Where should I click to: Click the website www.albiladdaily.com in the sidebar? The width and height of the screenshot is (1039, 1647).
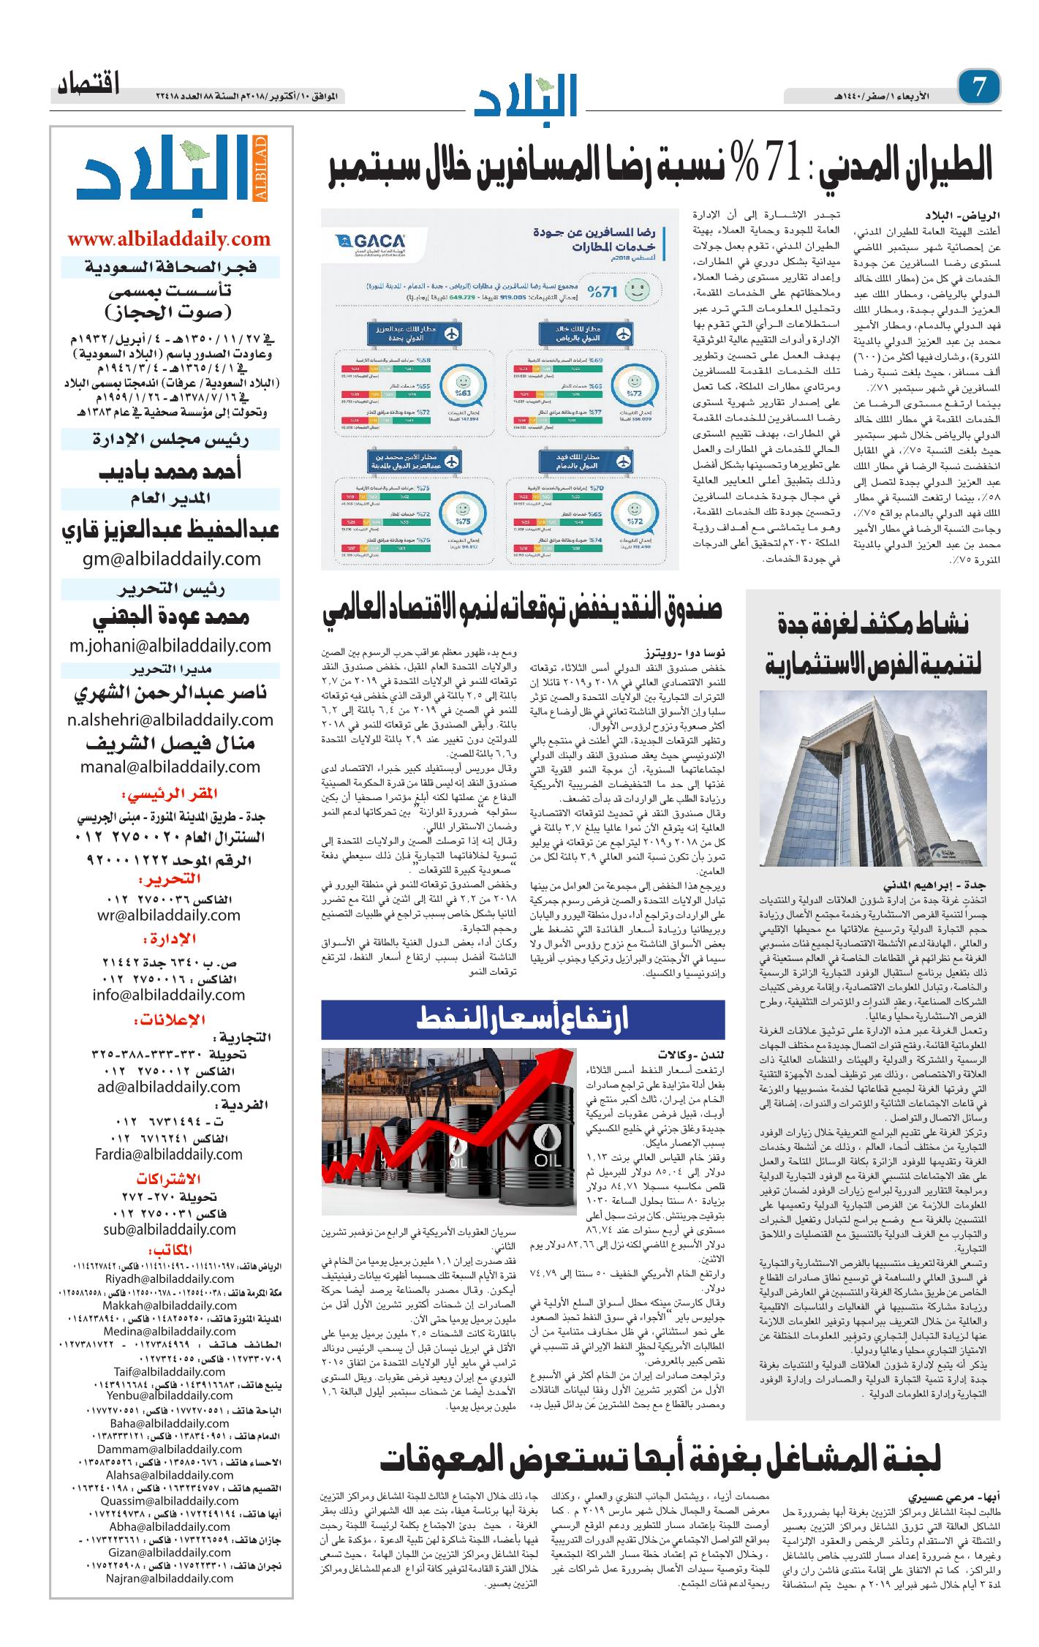(x=169, y=238)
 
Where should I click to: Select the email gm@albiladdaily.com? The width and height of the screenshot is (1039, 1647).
(x=170, y=559)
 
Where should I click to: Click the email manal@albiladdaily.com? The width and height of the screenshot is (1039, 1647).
(x=170, y=766)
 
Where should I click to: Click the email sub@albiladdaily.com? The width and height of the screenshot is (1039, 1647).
(x=169, y=1229)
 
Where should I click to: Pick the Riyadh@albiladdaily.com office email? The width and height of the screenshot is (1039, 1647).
(x=169, y=1300)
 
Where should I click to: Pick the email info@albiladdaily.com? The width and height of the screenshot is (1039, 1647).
(x=169, y=995)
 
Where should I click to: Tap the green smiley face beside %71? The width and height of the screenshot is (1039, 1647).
(x=638, y=290)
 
